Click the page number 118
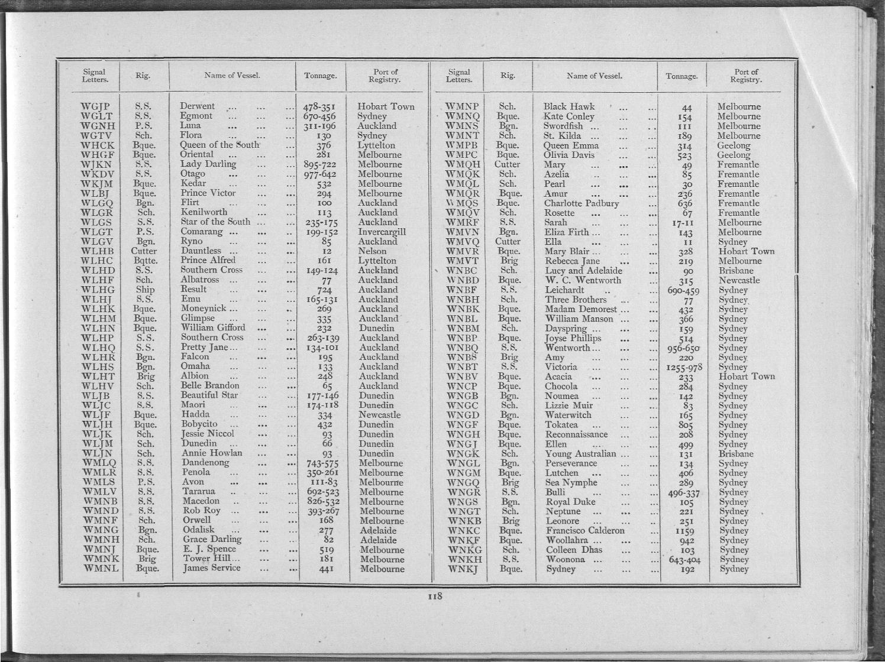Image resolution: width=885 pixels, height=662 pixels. coord(435,596)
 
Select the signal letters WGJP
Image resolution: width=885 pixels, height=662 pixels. coord(96,107)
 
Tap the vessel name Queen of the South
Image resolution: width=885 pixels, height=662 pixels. coord(219,145)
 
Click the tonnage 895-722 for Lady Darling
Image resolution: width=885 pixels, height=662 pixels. coord(320,165)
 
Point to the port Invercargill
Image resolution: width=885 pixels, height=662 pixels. coord(382,232)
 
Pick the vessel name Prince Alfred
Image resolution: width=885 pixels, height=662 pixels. coord(208,261)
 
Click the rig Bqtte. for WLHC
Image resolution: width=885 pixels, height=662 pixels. coord(145,261)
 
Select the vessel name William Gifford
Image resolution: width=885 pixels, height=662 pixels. coord(213,328)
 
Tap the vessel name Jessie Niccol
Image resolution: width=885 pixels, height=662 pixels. coord(208,434)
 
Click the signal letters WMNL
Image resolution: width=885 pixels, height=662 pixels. coord(101,569)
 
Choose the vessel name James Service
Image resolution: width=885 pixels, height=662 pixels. coord(212,569)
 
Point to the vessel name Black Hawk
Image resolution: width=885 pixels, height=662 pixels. coord(569,107)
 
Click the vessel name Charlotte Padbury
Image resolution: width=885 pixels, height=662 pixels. coord(582,203)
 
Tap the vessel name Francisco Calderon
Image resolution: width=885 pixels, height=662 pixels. coord(585,531)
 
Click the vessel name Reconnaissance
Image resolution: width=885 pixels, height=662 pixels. coord(576,434)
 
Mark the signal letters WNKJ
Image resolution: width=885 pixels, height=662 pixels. coord(463,569)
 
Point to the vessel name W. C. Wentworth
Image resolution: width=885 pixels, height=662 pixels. coord(583,280)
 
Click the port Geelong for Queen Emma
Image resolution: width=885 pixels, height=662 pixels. coord(734,145)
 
